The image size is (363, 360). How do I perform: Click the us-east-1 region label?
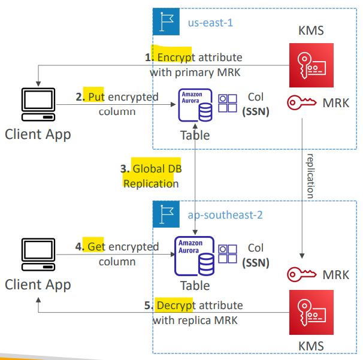coord(210,23)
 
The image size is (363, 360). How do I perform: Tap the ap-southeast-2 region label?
coord(225,215)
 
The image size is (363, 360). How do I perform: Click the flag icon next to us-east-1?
coord(166,22)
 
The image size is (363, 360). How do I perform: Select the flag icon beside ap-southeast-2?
coord(166,214)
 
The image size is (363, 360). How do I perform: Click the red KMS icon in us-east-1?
coord(311,65)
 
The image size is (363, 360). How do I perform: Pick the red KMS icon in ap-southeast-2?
coord(311,312)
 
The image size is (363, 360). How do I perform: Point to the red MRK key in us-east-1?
coord(302,102)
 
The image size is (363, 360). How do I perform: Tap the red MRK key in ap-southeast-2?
coord(302,274)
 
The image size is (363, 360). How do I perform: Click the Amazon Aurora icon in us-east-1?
coord(195,105)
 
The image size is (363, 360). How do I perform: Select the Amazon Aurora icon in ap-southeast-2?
coord(195,256)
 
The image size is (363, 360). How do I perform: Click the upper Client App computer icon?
coord(38,104)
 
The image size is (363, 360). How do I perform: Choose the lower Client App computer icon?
coord(38,255)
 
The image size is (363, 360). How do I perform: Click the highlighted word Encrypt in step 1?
coord(175,58)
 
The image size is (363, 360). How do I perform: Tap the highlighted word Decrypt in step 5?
coord(175,305)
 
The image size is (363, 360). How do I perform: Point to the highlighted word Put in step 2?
coord(96,97)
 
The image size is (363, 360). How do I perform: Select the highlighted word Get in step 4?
coord(96,247)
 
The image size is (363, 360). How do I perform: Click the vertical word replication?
coord(310,176)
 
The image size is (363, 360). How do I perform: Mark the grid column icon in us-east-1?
coord(228,103)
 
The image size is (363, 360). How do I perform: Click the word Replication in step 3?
coord(151,184)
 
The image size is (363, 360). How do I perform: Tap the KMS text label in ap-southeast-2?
coord(311,346)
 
